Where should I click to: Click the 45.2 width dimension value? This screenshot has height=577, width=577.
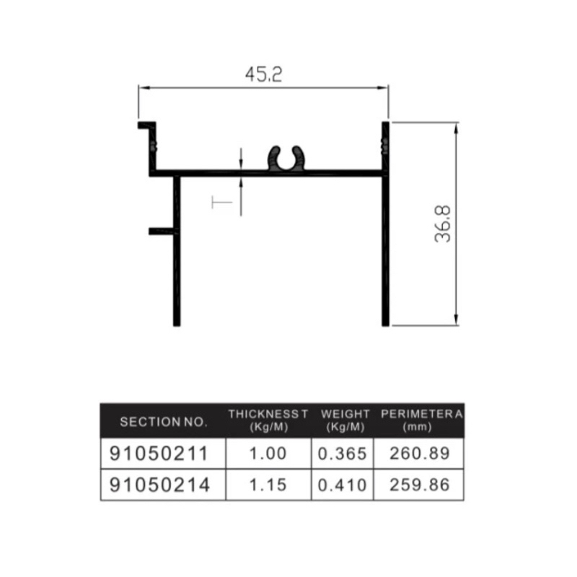pos(263,75)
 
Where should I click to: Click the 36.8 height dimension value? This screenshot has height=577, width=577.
pos(443,224)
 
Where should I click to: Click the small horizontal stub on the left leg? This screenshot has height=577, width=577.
pos(161,231)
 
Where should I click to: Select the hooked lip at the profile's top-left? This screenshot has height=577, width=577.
pos(147,126)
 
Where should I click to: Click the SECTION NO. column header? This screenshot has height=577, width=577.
pos(163,421)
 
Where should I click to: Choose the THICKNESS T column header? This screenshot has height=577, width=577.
pos(268,420)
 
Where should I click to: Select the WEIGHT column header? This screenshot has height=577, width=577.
pos(345,420)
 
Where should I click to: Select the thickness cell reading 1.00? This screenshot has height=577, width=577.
pos(268,454)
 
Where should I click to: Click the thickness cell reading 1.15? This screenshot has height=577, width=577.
pos(268,485)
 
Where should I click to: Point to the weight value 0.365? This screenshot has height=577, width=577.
pos(343,454)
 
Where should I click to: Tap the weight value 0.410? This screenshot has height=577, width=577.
pos(343,485)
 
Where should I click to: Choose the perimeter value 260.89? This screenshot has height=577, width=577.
pos(419,454)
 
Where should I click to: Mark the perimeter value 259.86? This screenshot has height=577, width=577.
pos(419,485)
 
